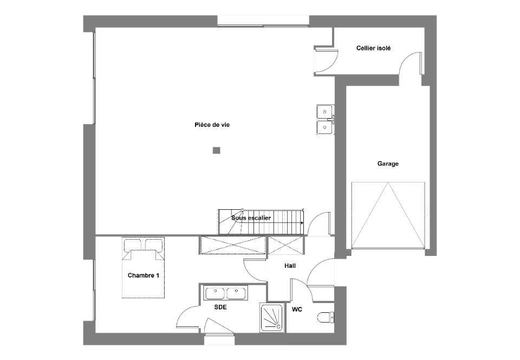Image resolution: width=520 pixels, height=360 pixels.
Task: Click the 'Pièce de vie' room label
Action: pyautogui.click(x=212, y=125)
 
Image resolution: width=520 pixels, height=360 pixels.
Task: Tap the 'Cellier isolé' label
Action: pyautogui.click(x=373, y=48)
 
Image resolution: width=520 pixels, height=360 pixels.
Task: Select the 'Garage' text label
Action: pyautogui.click(x=388, y=164)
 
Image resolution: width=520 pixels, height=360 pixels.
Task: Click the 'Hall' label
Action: pyautogui.click(x=290, y=266)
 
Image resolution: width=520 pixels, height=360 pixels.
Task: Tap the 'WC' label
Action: pyautogui.click(x=297, y=310)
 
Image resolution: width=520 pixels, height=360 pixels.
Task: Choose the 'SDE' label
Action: pyautogui.click(x=220, y=307)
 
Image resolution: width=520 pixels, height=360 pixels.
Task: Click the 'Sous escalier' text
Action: pyautogui.click(x=251, y=218)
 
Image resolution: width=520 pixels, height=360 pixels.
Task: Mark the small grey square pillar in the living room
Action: pyautogui.click(x=217, y=151)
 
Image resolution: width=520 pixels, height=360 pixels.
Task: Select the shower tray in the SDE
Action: pyautogui.click(x=271, y=318)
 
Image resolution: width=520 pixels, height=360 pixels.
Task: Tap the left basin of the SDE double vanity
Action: pyautogui.click(x=215, y=293)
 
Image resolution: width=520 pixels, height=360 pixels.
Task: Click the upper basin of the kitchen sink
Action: pyautogui.click(x=324, y=112)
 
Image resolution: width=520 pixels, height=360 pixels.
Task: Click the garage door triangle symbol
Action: pyautogui.click(x=388, y=215)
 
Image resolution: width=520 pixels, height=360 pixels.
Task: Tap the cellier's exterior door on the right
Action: pyautogui.click(x=411, y=63)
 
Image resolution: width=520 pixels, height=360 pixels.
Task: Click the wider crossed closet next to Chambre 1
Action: pyautogui.click(x=233, y=245)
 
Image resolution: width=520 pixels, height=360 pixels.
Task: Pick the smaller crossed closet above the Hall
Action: pyautogui.click(x=285, y=245)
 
